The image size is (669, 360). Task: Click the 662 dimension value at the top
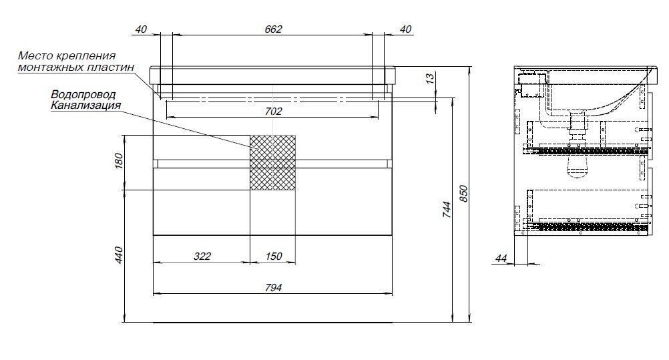click(274, 29)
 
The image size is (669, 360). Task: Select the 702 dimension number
click(274, 112)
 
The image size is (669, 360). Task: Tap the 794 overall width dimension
click(274, 288)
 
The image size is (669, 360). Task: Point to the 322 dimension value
click(202, 256)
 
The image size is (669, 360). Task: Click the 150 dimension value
click(274, 256)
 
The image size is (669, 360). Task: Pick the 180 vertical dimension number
click(119, 161)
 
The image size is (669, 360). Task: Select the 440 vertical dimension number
click(119, 255)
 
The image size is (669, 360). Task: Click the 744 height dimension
click(446, 210)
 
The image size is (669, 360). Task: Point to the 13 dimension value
click(430, 78)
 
